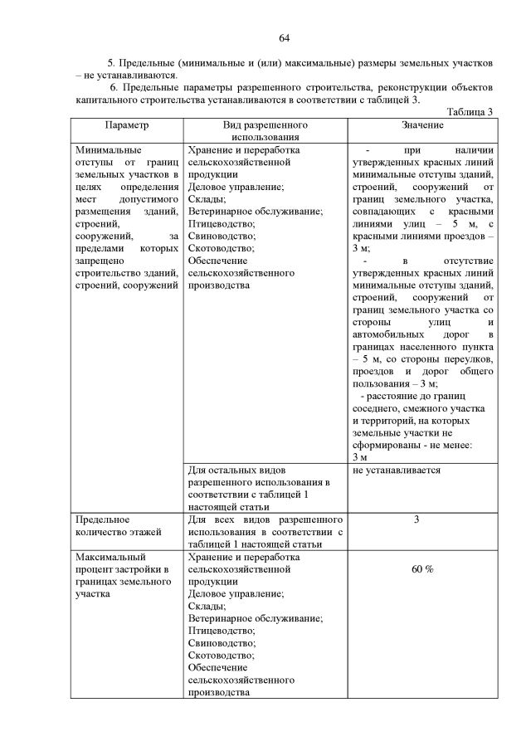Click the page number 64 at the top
pos(284,38)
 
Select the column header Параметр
pos(126,124)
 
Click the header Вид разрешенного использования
pos(265,130)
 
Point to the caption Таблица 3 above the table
pos(470,112)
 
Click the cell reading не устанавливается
pos(397,470)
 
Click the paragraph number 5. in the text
pos(113,63)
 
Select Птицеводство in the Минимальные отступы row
pos(222,223)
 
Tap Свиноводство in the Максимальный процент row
pos(222,642)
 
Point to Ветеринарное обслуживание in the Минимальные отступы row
pos(256,212)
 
